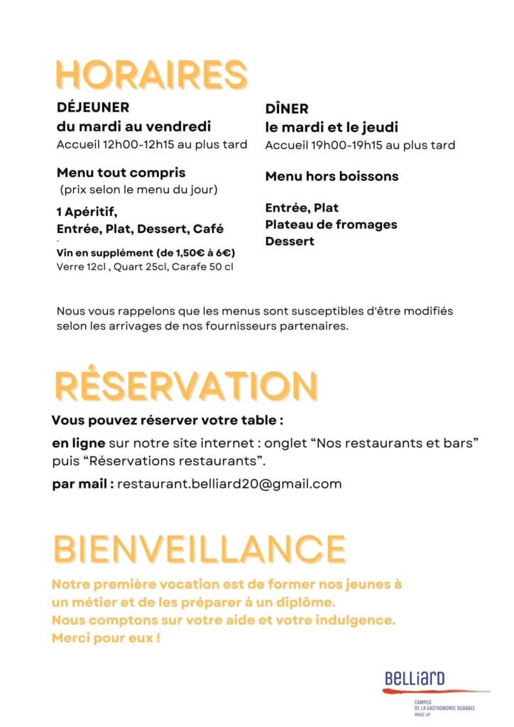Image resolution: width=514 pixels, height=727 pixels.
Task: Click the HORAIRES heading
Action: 151,75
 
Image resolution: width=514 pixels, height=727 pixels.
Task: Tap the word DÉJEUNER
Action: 93,109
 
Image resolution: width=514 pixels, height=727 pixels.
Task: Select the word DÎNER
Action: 287,109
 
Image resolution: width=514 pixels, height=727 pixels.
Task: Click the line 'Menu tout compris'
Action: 121,173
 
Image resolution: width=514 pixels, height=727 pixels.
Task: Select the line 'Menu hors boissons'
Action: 332,176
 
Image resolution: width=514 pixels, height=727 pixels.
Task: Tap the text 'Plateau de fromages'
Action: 331,224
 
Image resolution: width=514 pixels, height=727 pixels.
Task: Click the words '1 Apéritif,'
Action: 87,212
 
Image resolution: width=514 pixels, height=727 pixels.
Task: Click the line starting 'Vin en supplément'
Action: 146,253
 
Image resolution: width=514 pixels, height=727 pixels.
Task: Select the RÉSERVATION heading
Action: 185,386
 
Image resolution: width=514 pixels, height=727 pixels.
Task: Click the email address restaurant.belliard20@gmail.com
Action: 229,484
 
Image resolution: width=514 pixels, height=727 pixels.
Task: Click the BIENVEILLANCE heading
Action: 199,549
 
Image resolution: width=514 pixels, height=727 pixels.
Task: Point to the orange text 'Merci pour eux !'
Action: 106,638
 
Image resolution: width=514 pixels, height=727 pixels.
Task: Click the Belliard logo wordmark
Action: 415,679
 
